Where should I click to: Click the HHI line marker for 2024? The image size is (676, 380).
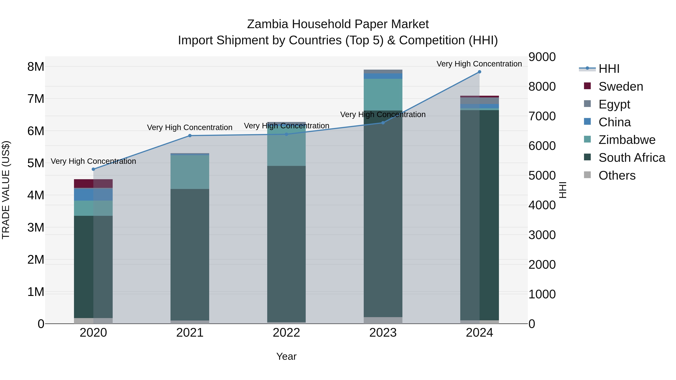(479, 72)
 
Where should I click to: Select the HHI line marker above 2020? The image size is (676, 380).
(94, 169)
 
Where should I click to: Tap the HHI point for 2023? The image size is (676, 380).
(383, 123)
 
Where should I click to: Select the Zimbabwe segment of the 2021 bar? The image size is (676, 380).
(190, 172)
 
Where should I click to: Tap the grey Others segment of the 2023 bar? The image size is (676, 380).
(383, 320)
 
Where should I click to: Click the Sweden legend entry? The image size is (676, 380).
(621, 87)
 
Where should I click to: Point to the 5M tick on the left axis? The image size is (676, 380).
(36, 163)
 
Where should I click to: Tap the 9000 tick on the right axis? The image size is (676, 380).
(542, 57)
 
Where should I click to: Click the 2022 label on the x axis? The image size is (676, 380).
(286, 333)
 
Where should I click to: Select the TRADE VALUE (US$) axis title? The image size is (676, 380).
(6, 190)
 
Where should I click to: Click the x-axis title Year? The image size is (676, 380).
(286, 356)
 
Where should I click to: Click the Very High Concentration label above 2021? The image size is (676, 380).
(190, 127)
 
